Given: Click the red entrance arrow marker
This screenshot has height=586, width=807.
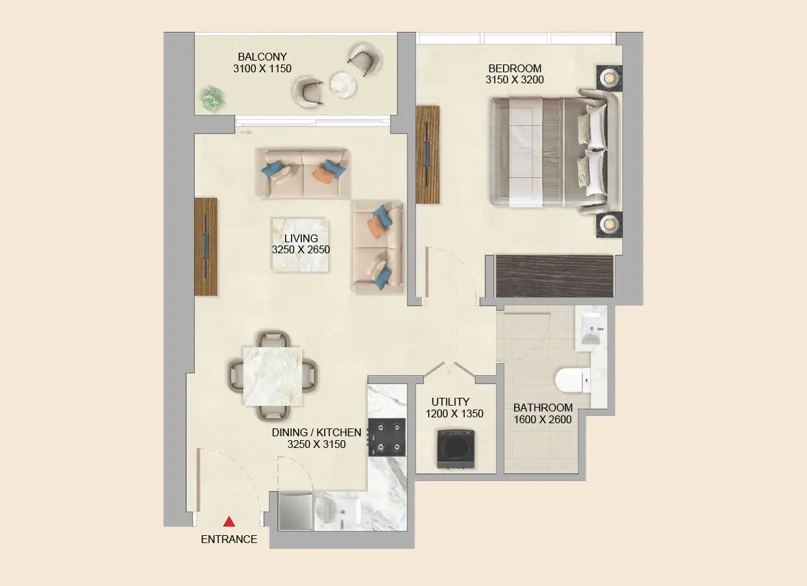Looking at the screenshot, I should [x=228, y=522].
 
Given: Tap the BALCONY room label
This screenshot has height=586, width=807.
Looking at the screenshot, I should [x=262, y=57].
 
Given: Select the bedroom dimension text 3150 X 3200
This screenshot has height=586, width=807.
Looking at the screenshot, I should [x=514, y=80].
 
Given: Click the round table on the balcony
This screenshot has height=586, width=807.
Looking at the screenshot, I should [x=342, y=83].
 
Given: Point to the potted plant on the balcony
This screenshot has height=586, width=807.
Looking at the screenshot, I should [x=211, y=98].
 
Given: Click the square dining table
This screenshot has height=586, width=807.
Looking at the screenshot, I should [x=272, y=376].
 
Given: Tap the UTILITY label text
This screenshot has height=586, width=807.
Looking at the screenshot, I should [x=450, y=402].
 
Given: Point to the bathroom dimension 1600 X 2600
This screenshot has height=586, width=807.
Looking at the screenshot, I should [x=543, y=420].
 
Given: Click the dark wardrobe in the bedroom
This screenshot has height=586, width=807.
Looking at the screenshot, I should [x=554, y=276].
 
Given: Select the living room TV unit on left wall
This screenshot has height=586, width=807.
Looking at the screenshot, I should [x=206, y=247].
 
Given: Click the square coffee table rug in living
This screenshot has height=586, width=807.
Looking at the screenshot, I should [x=300, y=245].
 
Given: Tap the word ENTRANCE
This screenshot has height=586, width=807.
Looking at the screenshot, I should [x=228, y=539].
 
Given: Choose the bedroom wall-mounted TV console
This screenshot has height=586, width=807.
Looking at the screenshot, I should [x=427, y=154].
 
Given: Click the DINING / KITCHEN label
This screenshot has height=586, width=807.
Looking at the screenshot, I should [x=316, y=432].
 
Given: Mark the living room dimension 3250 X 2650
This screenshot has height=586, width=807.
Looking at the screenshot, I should [x=301, y=249].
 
